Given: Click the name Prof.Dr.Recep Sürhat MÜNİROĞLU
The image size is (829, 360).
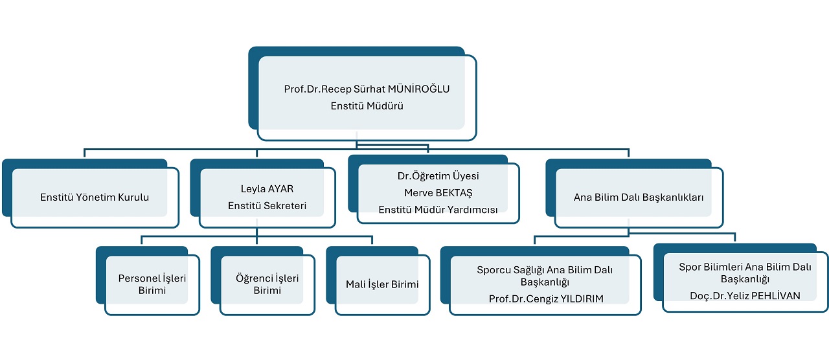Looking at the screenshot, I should pos(367,89).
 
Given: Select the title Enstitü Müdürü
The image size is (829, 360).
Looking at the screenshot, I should pos(367,106).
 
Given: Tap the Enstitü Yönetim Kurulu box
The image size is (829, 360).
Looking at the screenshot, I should pos(95,197).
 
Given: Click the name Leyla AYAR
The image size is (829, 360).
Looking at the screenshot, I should pos(267,190).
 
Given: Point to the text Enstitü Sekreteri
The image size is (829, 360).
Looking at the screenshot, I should pos(267,206).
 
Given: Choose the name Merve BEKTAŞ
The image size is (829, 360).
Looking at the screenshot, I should pos(438,193).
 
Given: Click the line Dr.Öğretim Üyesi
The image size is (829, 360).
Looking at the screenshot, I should pos(438,176).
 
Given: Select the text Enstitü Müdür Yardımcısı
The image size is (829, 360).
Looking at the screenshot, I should pos(438,210).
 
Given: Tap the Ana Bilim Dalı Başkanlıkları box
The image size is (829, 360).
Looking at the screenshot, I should pos(639,197).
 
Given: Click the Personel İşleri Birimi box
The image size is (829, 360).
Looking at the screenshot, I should pos(152,284).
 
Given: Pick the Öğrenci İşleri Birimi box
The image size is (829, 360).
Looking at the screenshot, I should pos(267,284).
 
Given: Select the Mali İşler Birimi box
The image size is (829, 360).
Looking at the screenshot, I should pos(382,284).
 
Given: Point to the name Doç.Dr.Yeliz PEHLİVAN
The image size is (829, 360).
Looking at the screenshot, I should pos(745,295).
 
